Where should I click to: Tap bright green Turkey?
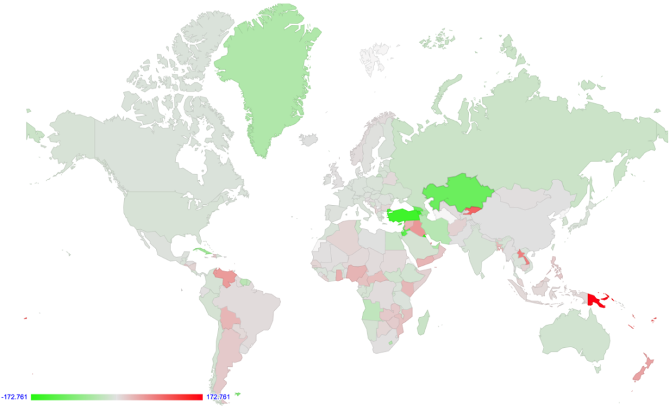pyautogui.click(x=404, y=216)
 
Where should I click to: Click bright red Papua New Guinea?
pyautogui.click(x=596, y=301)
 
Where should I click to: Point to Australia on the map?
pyautogui.click(x=575, y=339)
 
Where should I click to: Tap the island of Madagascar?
pyautogui.click(x=423, y=322)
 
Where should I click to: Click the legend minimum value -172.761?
pyautogui.click(x=14, y=397)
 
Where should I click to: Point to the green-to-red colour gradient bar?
pyautogui.click(x=117, y=397)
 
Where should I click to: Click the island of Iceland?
pyautogui.click(x=308, y=139)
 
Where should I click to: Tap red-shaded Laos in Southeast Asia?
pyautogui.click(x=521, y=256)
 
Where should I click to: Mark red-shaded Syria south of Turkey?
pyautogui.click(x=413, y=228)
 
